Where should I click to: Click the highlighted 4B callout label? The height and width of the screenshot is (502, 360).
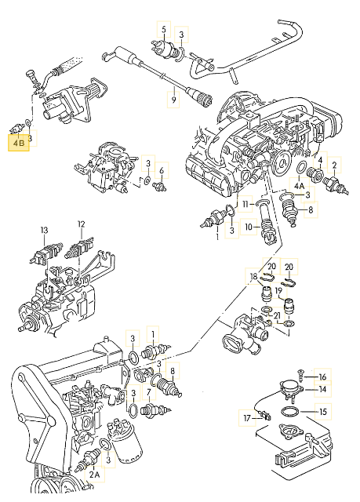[19, 143]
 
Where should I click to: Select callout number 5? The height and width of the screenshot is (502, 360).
[164, 30]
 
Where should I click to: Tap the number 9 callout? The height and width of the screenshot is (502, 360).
[173, 100]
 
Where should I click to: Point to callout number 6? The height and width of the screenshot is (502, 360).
[162, 170]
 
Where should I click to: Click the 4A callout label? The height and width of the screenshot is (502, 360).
[300, 186]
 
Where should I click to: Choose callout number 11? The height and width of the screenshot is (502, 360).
[245, 204]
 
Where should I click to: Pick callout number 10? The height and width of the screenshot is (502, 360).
[249, 227]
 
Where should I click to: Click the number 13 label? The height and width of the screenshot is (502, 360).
[44, 230]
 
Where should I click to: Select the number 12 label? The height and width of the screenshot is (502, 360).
[82, 224]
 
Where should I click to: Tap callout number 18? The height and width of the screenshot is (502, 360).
[253, 276]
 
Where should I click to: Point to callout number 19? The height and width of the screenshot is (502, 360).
[278, 291]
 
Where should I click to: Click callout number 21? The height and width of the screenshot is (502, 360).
[276, 315]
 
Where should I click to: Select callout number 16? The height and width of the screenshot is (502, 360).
[322, 376]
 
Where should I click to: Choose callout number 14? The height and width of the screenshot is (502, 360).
[322, 389]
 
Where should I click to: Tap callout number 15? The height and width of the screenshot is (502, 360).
[323, 411]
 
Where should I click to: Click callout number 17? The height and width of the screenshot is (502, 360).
[247, 418]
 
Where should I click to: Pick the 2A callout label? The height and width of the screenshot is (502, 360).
[94, 475]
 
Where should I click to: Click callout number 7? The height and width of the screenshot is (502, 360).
[149, 392]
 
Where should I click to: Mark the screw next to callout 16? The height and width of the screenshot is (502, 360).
[300, 375]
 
